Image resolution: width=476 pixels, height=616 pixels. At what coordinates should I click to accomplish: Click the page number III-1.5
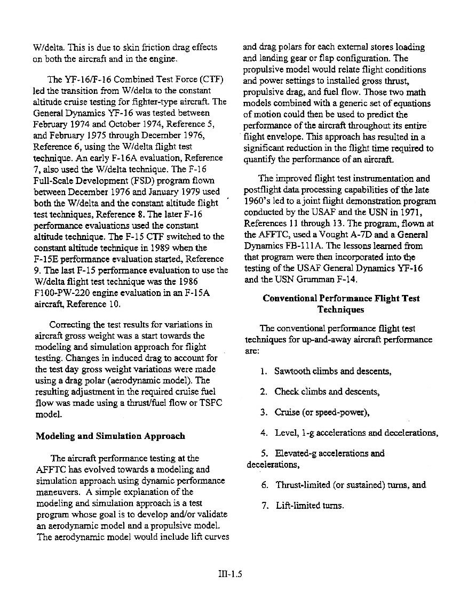[x=230, y=574]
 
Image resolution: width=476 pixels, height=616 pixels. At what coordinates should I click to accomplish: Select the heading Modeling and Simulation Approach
[x=110, y=436]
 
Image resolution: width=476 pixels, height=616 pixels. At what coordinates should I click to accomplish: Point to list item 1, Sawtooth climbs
[x=332, y=371]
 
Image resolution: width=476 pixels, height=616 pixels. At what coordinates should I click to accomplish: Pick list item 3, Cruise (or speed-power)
[x=322, y=412]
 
